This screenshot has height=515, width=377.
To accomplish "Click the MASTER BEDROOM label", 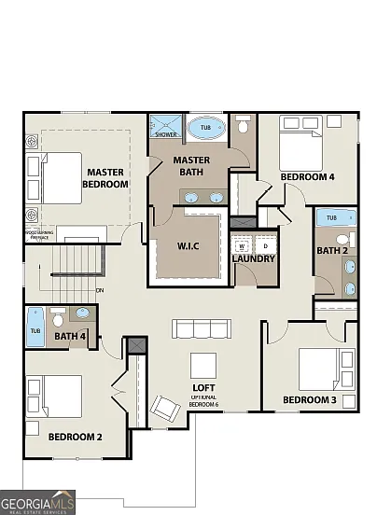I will tap(105, 178).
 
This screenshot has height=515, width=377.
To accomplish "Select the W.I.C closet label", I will tap(190, 247).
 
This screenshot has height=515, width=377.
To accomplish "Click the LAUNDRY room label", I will tap(254, 257).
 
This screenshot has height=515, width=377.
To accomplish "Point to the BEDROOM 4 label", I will tap(307, 176).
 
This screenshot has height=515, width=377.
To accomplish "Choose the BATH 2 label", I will tap(330, 250).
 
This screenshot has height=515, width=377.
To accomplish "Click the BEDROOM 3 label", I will tap(310, 401).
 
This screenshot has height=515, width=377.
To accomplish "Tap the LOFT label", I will tap(204, 387).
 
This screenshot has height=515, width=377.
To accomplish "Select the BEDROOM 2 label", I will tap(75, 436).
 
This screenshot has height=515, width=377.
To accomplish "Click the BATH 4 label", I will tap(70, 336).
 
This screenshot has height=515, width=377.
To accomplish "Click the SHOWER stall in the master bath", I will tap(166, 127).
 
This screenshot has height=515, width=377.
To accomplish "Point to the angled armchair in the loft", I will tap(165, 408).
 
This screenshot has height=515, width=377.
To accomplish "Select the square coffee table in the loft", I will tap(204, 363).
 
